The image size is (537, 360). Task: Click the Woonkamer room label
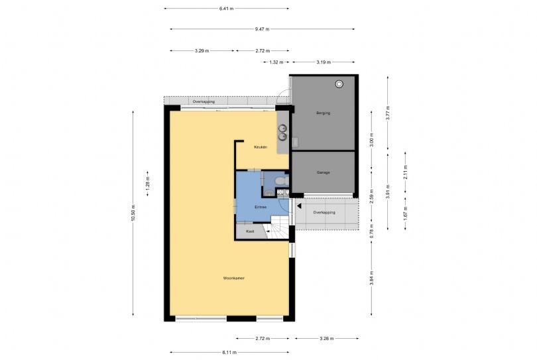coord(234,278)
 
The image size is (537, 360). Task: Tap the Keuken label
coord(261,147)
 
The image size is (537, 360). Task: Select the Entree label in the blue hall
coord(261,207)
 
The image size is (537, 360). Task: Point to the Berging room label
coord(324,113)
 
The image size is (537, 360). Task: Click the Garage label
coord(324,172)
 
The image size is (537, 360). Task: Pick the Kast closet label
coord(250,231)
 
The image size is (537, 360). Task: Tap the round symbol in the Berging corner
coord(339,84)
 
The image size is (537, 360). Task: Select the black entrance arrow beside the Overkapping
coord(299,206)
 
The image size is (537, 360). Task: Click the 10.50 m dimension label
coord(133,213)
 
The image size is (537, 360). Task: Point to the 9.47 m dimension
coord(263,29)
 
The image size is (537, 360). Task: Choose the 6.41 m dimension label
coord(226,8)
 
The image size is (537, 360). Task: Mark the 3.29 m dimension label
coord(202,50)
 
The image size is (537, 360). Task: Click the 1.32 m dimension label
coord(276,62)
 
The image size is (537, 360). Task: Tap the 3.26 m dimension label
coord(327,338)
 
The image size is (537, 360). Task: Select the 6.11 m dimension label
coord(229,352)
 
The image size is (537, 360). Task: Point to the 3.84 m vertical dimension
coord(371,278)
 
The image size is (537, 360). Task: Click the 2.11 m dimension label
coord(405,172)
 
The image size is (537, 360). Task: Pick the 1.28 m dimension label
coord(148,183)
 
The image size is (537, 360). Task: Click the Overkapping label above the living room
coord(204,101)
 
